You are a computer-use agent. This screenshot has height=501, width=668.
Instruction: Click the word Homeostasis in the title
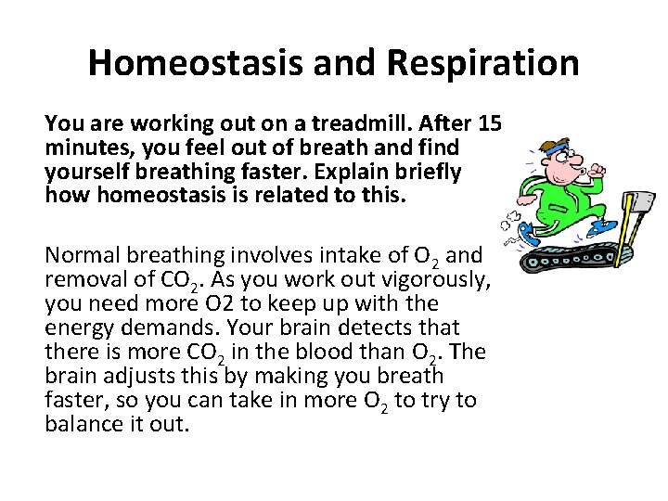point(181,63)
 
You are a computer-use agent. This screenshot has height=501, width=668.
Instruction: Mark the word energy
point(74,328)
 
